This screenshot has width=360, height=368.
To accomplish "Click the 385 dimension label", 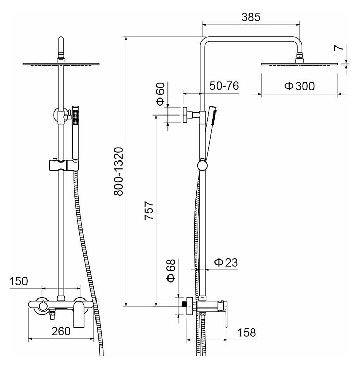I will (x=251, y=17).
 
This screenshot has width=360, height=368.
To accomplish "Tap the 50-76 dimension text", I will (x=224, y=86).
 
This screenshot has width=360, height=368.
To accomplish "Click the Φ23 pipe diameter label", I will (x=226, y=262).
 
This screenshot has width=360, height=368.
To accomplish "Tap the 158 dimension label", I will (x=247, y=333).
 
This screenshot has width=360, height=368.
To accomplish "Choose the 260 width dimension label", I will (x=61, y=331).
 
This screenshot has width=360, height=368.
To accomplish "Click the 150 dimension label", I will (x=18, y=281).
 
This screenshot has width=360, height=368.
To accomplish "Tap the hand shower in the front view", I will (x=76, y=133).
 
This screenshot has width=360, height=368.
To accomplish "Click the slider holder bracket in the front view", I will (x=64, y=165).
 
